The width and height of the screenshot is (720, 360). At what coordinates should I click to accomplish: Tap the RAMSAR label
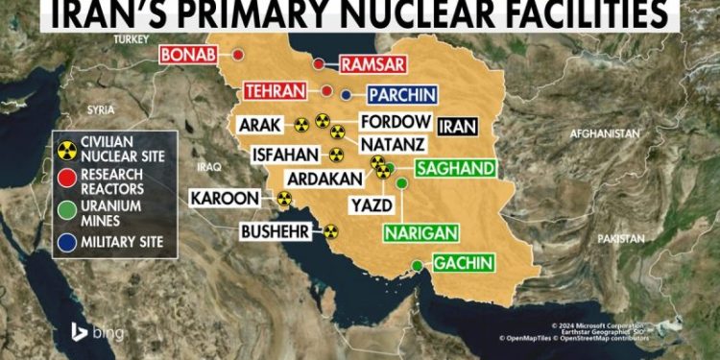(372, 66)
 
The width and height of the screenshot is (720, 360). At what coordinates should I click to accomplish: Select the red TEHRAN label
(279, 91)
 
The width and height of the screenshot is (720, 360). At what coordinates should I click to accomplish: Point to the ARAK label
(260, 125)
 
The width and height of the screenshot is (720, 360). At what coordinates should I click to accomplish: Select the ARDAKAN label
(326, 178)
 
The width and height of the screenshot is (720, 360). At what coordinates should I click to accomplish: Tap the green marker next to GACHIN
(417, 265)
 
